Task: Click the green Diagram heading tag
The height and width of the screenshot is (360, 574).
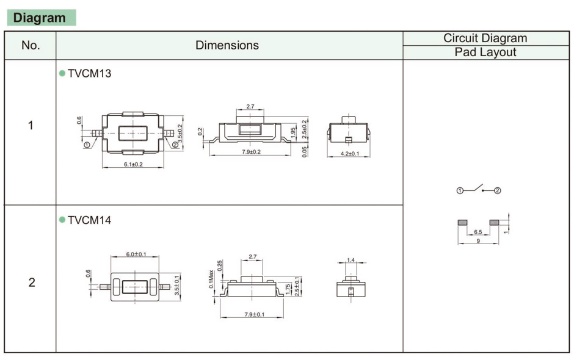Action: click(40, 18)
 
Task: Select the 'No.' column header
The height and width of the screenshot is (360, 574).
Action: click(31, 46)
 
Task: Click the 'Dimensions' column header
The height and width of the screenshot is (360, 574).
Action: click(227, 46)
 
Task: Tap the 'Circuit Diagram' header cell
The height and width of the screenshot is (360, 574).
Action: click(485, 38)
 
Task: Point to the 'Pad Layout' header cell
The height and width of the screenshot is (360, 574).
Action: click(485, 52)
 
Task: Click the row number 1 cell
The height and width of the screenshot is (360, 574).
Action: click(31, 126)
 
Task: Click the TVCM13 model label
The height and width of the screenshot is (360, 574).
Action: click(89, 74)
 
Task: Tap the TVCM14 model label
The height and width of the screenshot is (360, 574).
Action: click(89, 220)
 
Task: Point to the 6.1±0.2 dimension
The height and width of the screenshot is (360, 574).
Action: click(129, 165)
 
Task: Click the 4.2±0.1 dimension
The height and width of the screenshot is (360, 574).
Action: click(349, 154)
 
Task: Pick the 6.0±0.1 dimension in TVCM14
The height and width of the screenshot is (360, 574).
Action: click(136, 254)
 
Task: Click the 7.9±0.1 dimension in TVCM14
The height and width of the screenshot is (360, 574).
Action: click(251, 315)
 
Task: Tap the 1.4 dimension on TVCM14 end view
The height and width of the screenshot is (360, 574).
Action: click(350, 261)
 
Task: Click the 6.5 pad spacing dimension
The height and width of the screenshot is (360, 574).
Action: click(478, 232)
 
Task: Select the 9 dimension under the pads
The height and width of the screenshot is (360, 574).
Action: click(477, 242)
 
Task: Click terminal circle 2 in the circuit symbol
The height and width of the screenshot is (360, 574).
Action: click(497, 191)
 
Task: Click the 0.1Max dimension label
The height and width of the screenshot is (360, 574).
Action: click(211, 279)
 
